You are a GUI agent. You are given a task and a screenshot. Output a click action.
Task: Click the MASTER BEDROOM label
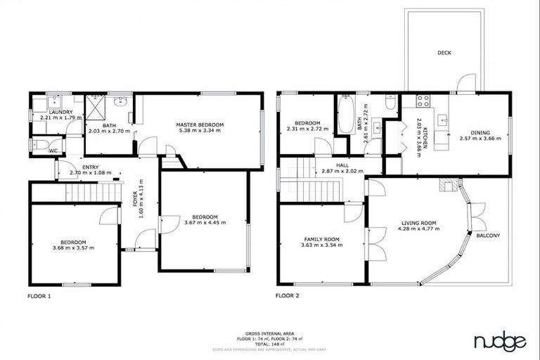(200, 124)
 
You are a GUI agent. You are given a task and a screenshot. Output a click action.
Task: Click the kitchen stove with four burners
(424, 101)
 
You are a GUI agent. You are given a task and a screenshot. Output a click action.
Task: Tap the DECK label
(444, 53)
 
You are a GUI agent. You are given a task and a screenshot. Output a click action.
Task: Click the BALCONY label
(488, 236)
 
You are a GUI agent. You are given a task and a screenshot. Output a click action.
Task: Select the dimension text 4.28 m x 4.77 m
(418, 229)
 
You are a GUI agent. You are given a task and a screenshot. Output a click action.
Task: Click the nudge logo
(499, 342)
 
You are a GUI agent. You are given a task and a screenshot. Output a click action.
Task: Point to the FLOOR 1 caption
(39, 296)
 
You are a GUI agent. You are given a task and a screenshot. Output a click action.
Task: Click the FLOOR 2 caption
(288, 296)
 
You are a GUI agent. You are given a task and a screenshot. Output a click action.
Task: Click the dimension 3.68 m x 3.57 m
(73, 247)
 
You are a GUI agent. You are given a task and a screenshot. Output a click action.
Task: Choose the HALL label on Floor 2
(342, 165)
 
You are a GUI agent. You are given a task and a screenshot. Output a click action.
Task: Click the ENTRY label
(91, 167)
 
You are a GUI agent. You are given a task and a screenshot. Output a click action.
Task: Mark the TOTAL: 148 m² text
(269, 343)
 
